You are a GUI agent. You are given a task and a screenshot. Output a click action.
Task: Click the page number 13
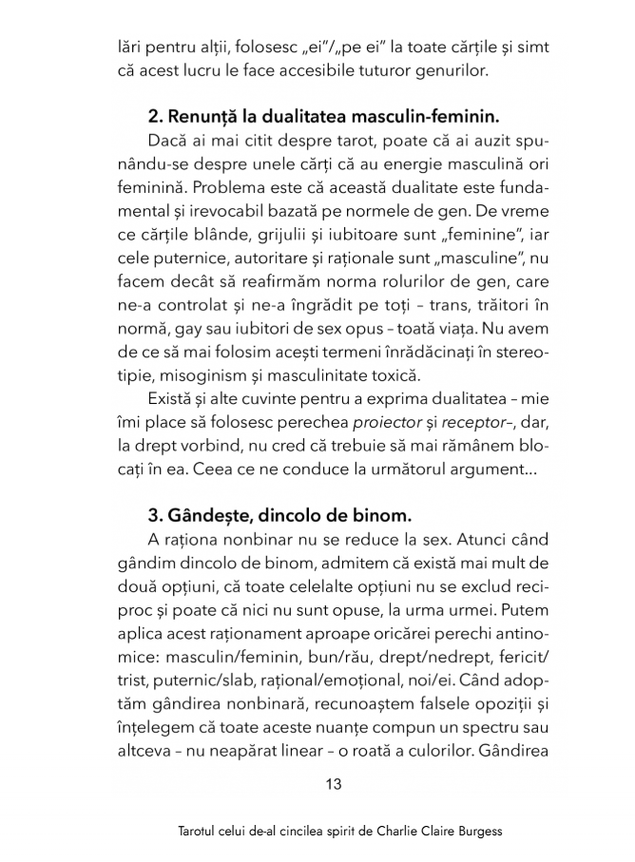[333, 785]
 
